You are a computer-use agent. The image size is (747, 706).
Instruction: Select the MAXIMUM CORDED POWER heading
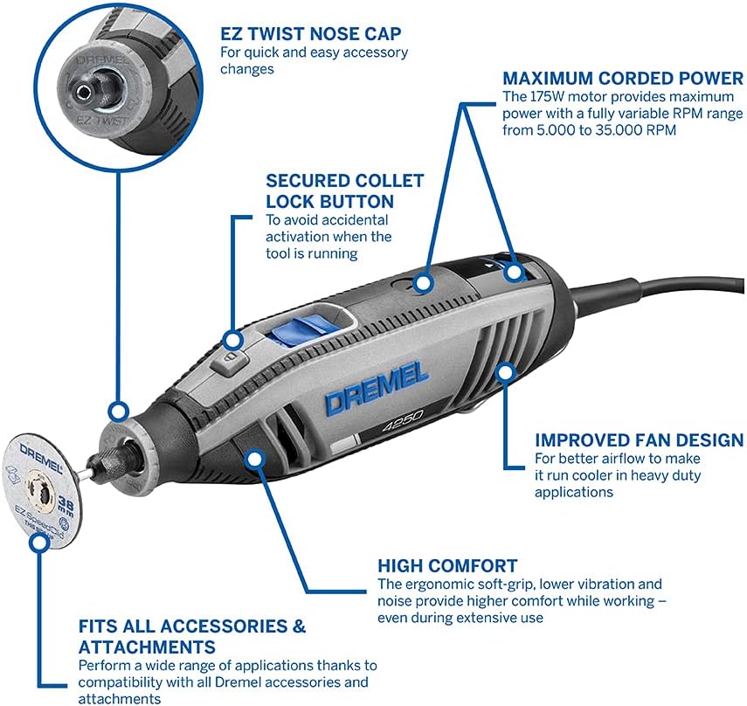pyautogui.click(x=623, y=79)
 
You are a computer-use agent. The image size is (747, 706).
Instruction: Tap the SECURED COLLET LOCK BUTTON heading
pyautogui.click(x=345, y=191)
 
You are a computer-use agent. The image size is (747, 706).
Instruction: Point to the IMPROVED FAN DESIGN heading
pyautogui.click(x=639, y=440)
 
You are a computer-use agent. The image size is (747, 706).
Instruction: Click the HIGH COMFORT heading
pyautogui.click(x=447, y=566)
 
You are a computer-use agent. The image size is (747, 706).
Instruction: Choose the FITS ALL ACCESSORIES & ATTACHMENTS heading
pyautogui.click(x=192, y=637)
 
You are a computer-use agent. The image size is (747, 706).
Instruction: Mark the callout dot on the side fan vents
pyautogui.click(x=503, y=373)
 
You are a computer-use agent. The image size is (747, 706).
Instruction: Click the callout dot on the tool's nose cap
pyautogui.click(x=116, y=411)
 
